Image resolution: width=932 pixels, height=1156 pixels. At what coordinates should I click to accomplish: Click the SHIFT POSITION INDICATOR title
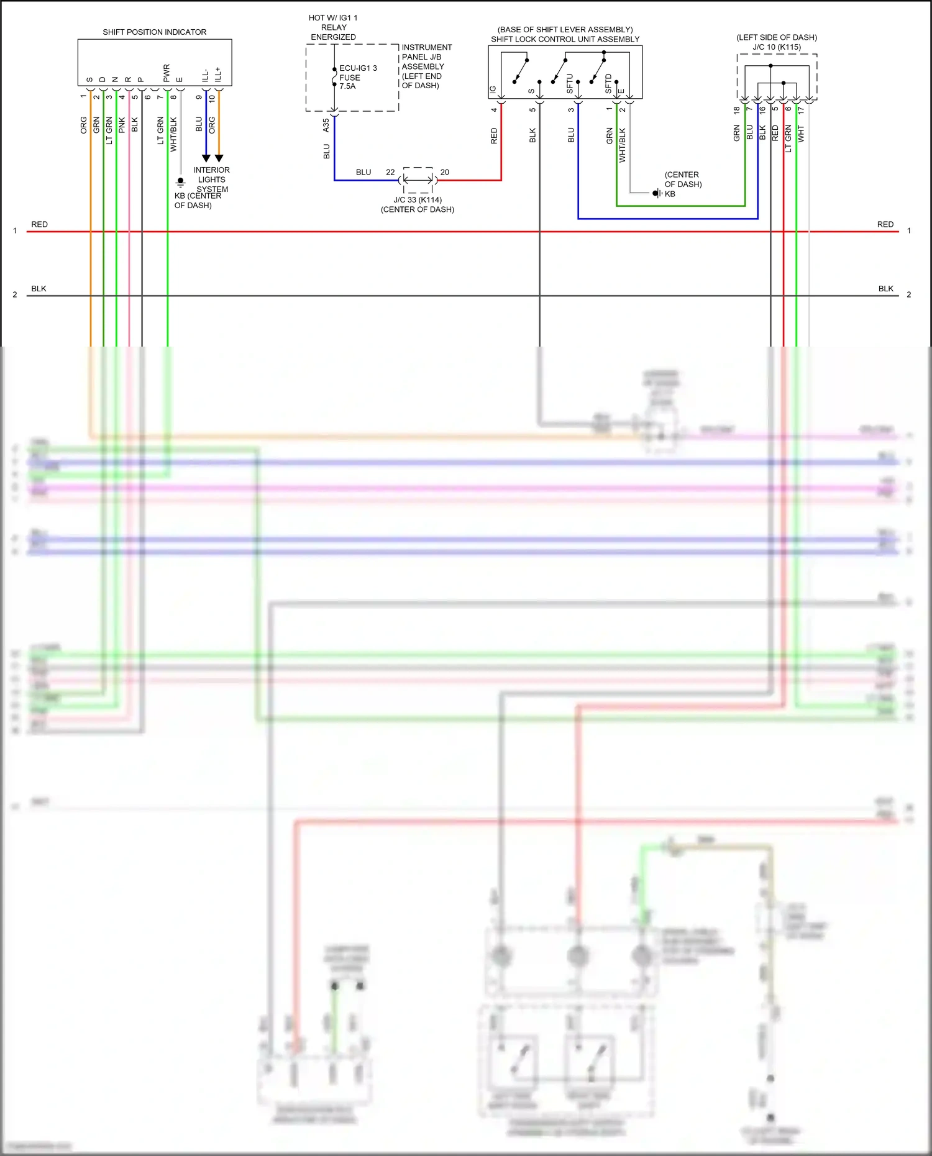coord(154,32)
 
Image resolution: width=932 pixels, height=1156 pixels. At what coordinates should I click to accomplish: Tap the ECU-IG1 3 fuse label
coord(357,68)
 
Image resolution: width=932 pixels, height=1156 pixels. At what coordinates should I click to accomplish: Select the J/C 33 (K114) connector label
coord(418,200)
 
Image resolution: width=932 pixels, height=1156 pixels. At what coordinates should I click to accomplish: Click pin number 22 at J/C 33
coord(390,172)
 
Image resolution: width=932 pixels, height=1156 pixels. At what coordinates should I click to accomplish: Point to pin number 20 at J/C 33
coord(444,172)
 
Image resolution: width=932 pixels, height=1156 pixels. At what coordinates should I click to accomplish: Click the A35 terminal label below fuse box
coord(326,125)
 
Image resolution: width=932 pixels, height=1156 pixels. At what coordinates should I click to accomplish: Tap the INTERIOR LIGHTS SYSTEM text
coord(211,180)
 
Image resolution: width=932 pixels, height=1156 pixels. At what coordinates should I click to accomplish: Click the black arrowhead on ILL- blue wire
coord(206,158)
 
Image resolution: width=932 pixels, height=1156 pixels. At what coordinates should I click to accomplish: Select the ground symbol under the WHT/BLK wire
coord(181,182)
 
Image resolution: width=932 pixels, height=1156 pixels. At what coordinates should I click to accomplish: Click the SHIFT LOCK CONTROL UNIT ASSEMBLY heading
coord(565,39)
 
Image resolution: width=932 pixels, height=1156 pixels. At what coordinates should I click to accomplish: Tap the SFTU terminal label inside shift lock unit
coord(570,84)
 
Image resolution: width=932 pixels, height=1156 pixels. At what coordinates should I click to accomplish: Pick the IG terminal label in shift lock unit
coord(493,89)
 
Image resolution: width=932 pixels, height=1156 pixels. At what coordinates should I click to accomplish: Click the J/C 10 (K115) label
coord(777,47)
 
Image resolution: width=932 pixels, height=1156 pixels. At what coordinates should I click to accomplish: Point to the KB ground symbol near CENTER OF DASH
coord(657,193)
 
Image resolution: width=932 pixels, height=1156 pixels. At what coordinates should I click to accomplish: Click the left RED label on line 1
coord(39,224)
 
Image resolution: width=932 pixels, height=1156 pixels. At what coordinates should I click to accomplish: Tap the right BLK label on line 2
coord(885,289)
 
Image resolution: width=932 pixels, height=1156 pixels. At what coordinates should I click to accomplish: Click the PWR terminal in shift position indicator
coord(167,73)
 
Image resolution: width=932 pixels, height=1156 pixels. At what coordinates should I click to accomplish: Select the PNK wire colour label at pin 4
coord(122,125)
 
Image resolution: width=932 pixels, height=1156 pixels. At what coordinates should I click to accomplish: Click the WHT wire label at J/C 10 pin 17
coord(801,134)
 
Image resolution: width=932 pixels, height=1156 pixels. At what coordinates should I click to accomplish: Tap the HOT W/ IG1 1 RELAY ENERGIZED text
coord(333,27)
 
